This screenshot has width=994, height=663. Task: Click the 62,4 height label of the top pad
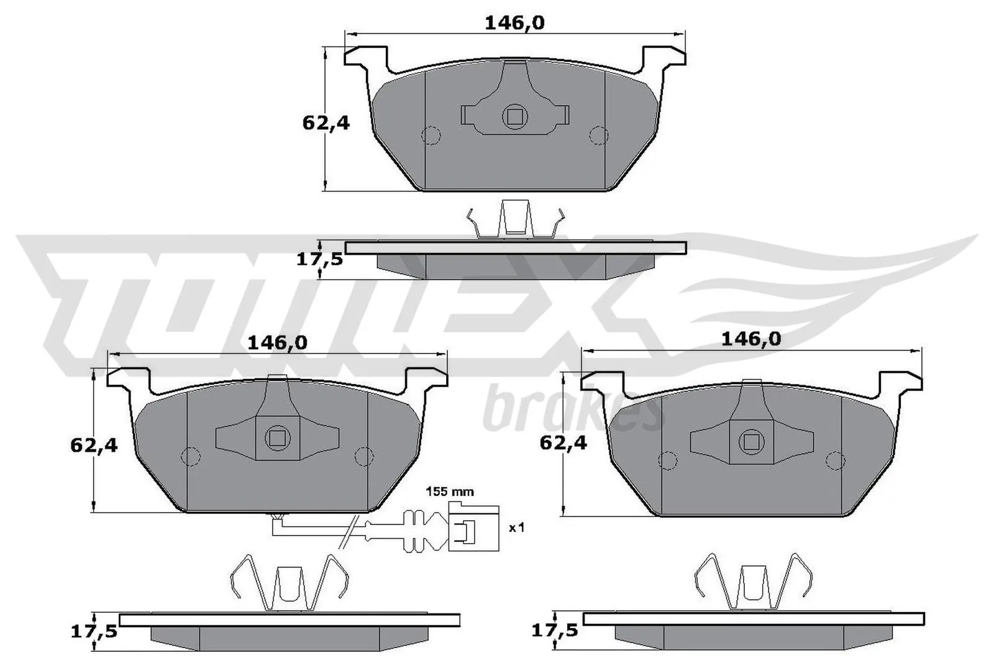pyautogui.click(x=326, y=123)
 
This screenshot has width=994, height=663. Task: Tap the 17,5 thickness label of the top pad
pyautogui.click(x=320, y=259)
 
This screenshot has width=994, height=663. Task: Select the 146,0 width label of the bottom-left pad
pyautogui.click(x=278, y=342)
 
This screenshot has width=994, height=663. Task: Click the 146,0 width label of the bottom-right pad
pyautogui.click(x=750, y=339)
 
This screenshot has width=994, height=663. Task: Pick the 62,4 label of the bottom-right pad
pyautogui.click(x=563, y=443)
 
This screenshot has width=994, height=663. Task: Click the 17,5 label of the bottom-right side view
pyautogui.click(x=555, y=631)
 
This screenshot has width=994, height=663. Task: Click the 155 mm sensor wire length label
pyautogui.click(x=449, y=492)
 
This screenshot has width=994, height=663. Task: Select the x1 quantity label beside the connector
pyautogui.click(x=517, y=528)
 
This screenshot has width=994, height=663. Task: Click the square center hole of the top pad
pyautogui.click(x=515, y=117)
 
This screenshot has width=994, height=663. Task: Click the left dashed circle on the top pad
pyautogui.click(x=431, y=135)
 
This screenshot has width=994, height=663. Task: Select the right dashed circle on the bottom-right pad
pyautogui.click(x=837, y=460)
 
